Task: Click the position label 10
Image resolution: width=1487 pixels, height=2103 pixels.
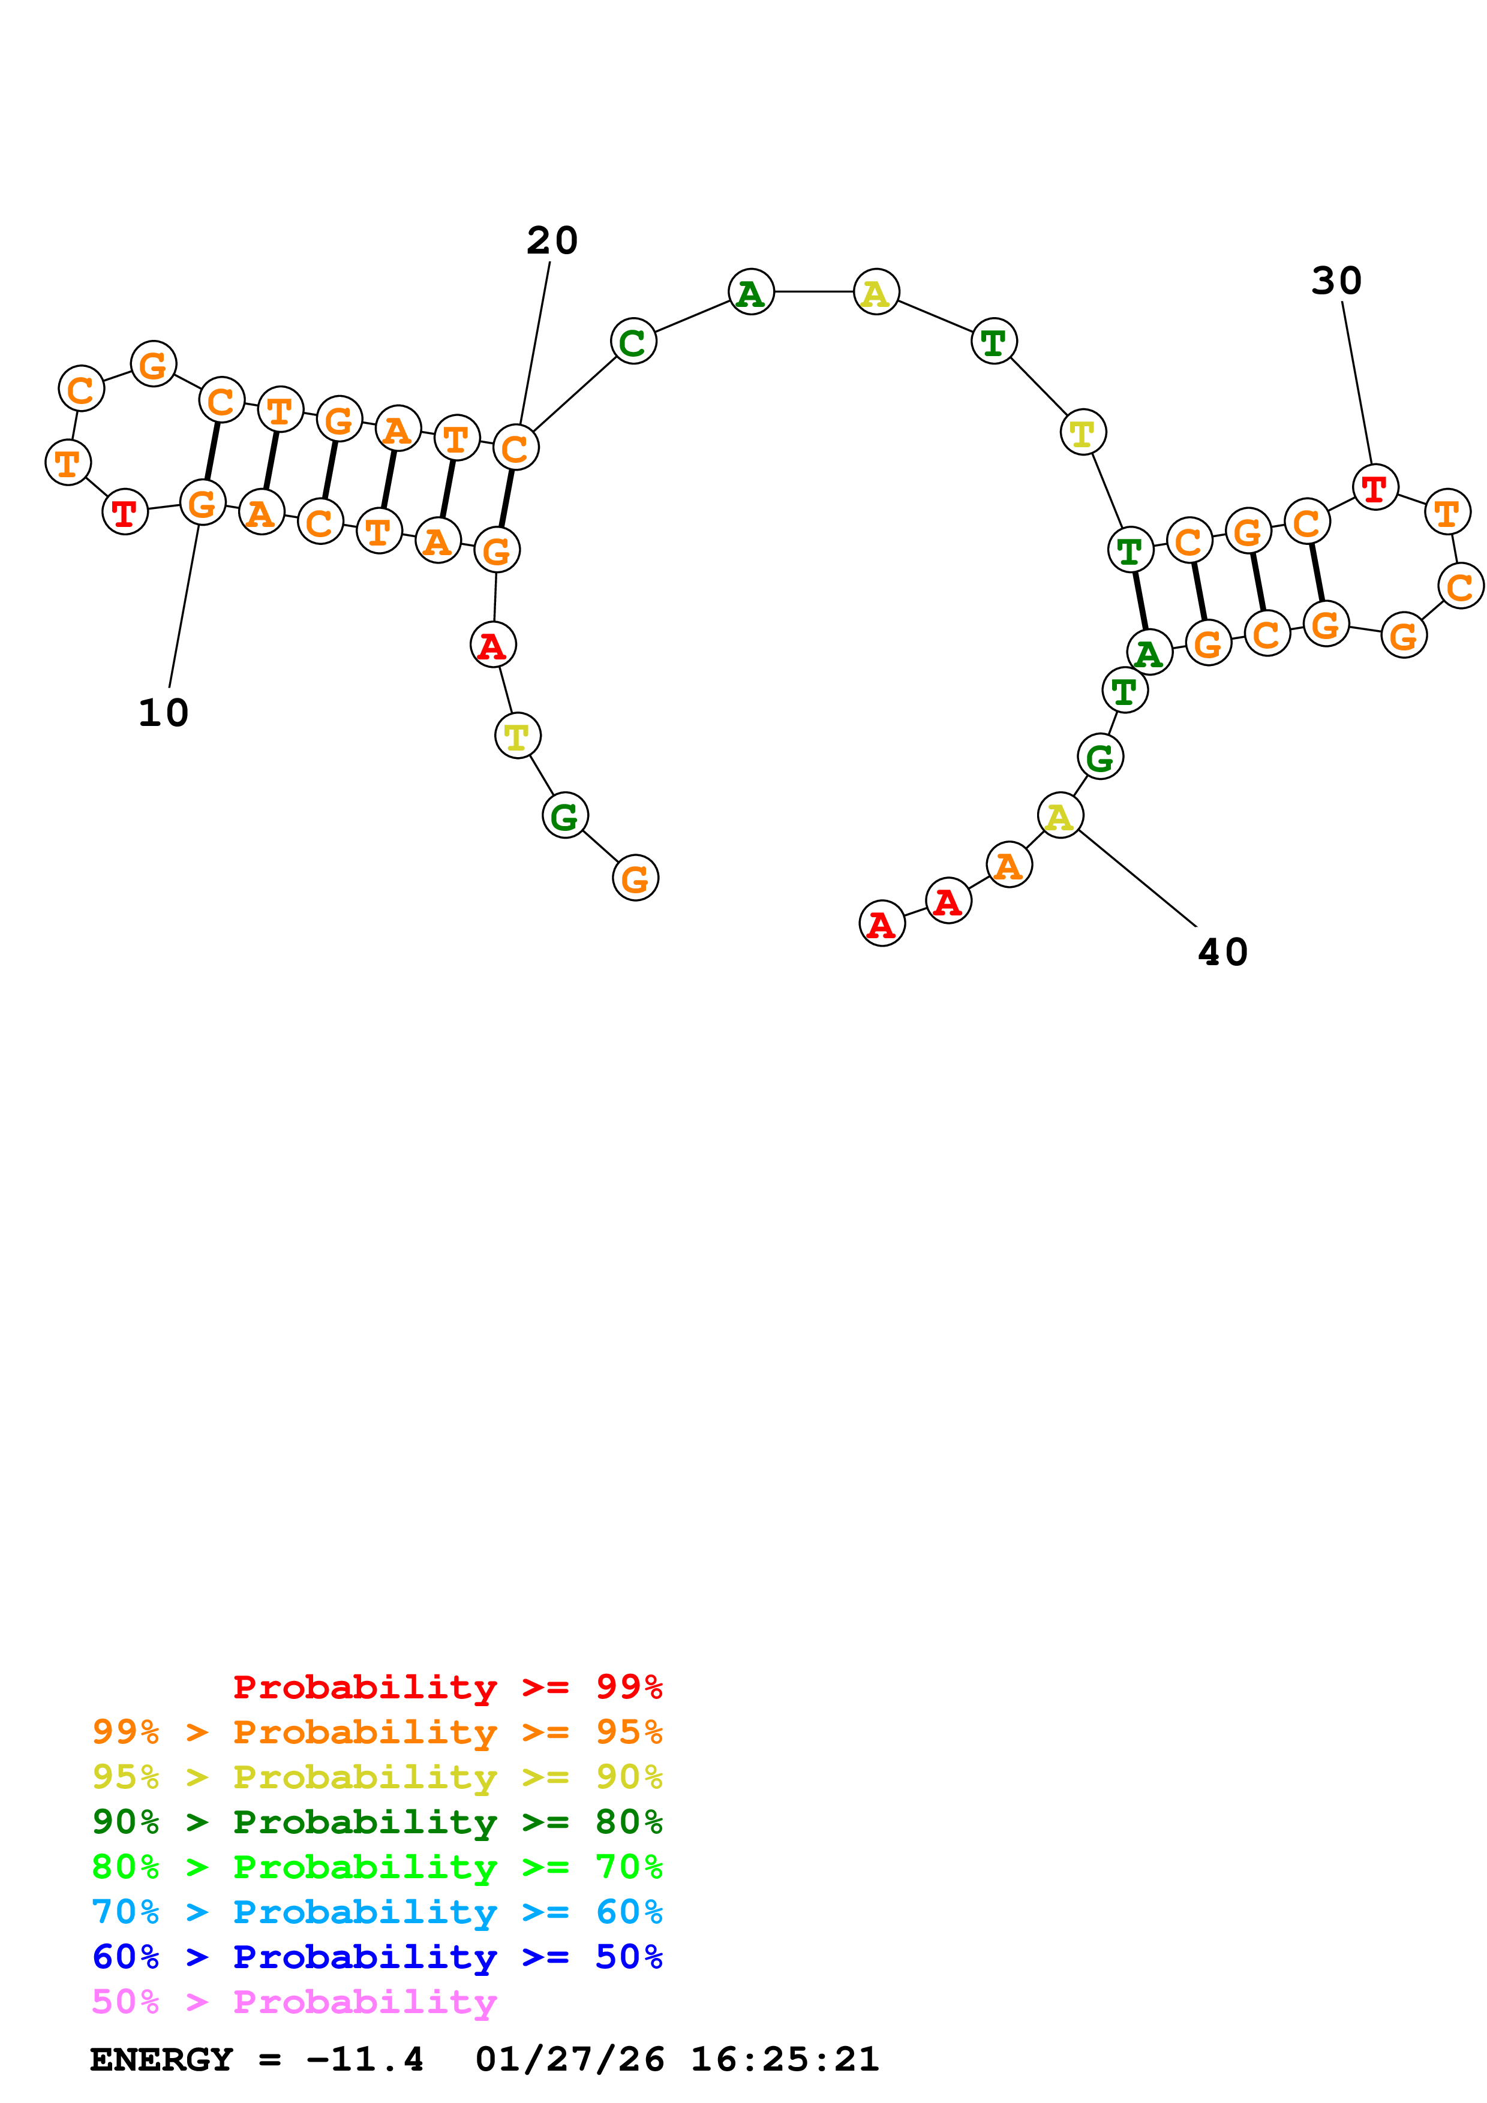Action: (x=163, y=713)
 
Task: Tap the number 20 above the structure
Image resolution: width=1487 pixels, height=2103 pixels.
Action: (x=552, y=241)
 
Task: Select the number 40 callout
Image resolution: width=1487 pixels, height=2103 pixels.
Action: (x=1222, y=953)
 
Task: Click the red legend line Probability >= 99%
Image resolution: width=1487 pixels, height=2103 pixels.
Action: (x=447, y=1686)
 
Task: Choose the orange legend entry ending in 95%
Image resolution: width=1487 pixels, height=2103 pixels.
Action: (x=377, y=1732)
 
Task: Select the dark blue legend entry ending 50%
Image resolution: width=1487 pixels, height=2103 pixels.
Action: (x=377, y=1957)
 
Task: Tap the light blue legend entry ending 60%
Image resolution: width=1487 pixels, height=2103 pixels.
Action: (x=377, y=1912)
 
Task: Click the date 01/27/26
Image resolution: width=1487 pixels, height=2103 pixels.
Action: (x=569, y=2060)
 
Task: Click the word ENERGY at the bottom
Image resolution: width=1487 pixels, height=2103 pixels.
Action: (x=161, y=2060)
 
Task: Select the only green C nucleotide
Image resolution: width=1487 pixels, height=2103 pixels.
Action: (x=633, y=342)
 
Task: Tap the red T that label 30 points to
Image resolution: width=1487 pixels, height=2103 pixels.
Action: (x=1374, y=487)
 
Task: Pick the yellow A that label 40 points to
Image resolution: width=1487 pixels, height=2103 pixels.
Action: (x=1060, y=815)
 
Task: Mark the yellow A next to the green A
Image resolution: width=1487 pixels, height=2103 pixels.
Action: (x=876, y=292)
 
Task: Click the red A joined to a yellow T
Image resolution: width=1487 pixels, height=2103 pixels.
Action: (x=493, y=645)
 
